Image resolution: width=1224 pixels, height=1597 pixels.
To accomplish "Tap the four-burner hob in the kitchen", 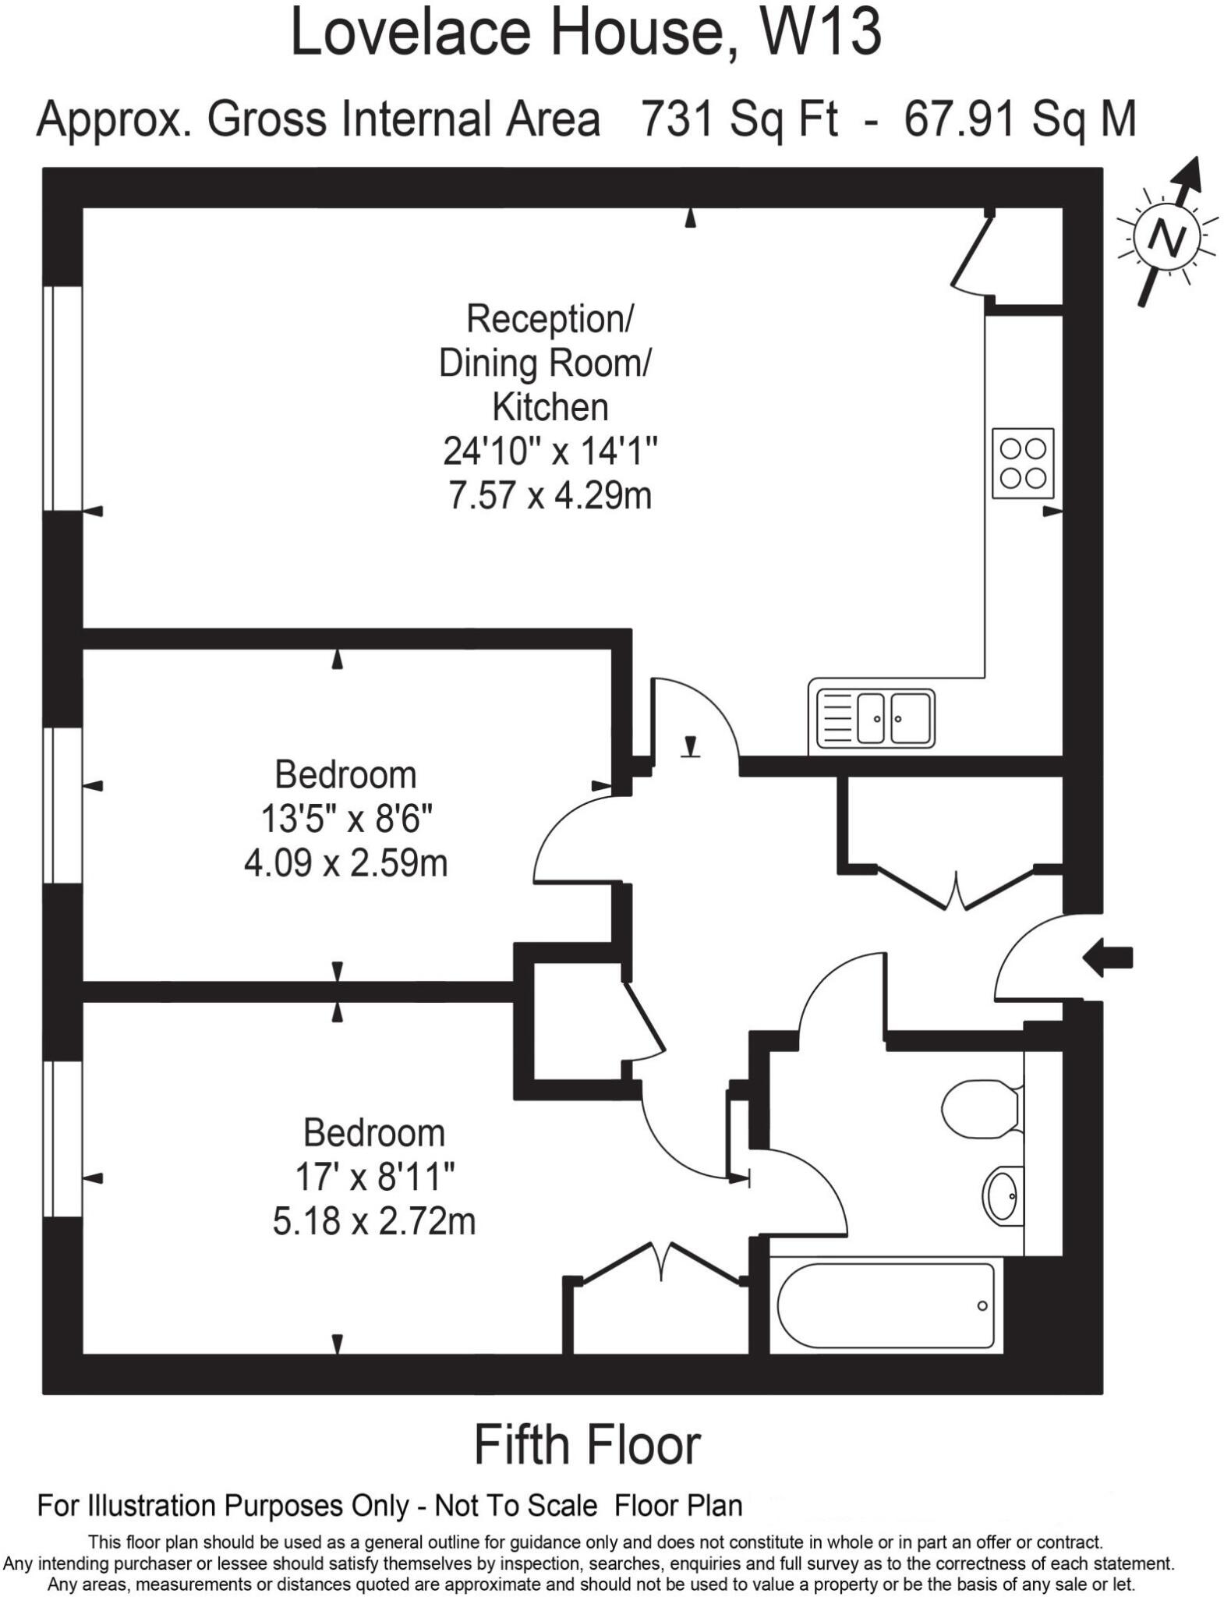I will (1022, 463).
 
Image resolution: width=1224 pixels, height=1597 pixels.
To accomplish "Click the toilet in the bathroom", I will (981, 1108).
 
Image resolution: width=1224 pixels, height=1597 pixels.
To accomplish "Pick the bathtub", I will (885, 1306).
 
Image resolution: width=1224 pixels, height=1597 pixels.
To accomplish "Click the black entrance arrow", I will (1108, 957).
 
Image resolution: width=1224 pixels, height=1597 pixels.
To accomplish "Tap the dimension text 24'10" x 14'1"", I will (550, 451).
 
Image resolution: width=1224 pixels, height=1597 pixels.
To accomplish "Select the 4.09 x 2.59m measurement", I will (345, 864).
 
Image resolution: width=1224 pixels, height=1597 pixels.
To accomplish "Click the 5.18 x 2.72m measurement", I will (374, 1221).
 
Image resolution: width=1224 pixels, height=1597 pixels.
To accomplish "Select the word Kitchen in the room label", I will (550, 407).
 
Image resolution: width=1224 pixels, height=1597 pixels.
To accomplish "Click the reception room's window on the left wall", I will (62, 398).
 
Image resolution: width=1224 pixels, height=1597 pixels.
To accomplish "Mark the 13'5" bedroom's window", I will (62, 806).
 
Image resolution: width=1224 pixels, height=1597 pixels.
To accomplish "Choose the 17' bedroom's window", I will (62, 1138).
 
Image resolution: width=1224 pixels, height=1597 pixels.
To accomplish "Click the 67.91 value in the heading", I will (960, 119).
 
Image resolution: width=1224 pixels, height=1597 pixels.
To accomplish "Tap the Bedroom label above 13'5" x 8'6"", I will (345, 775).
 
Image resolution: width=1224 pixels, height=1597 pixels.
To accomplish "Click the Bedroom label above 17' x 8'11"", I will (374, 1133).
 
